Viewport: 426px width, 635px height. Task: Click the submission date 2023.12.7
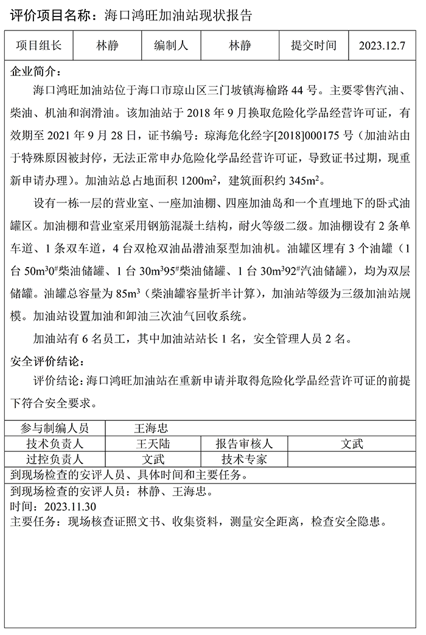(382, 46)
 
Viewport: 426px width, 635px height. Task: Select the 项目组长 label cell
(39, 46)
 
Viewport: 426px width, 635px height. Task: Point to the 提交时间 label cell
(313, 46)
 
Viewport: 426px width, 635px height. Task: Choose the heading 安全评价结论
(48, 362)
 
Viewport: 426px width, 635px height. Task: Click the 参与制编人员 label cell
(54, 428)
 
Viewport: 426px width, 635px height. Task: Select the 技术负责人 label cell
(54, 443)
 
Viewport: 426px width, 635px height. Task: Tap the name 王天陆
(153, 443)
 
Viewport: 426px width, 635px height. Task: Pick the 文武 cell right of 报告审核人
(352, 443)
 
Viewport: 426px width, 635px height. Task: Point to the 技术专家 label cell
(244, 459)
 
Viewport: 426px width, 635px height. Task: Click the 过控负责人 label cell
(54, 459)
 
